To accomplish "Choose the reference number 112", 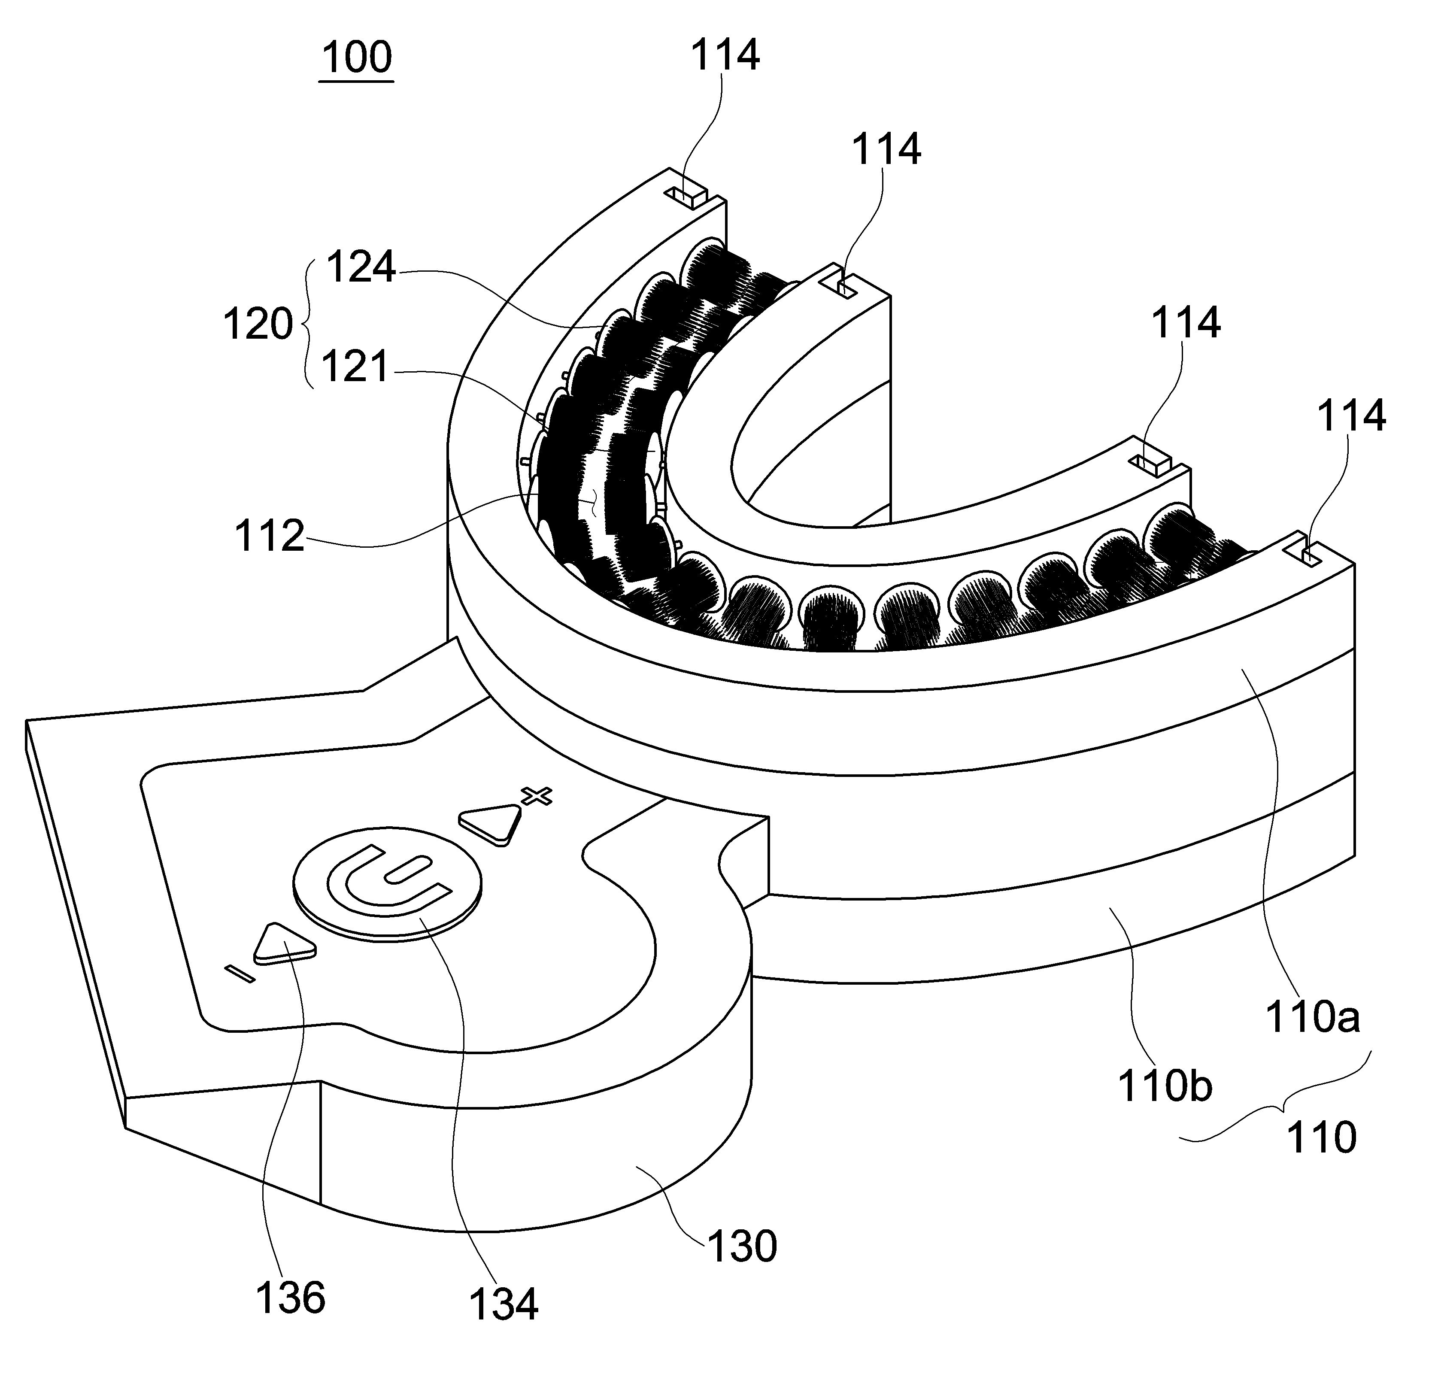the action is pos(269,537).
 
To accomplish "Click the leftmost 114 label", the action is pos(725,56).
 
